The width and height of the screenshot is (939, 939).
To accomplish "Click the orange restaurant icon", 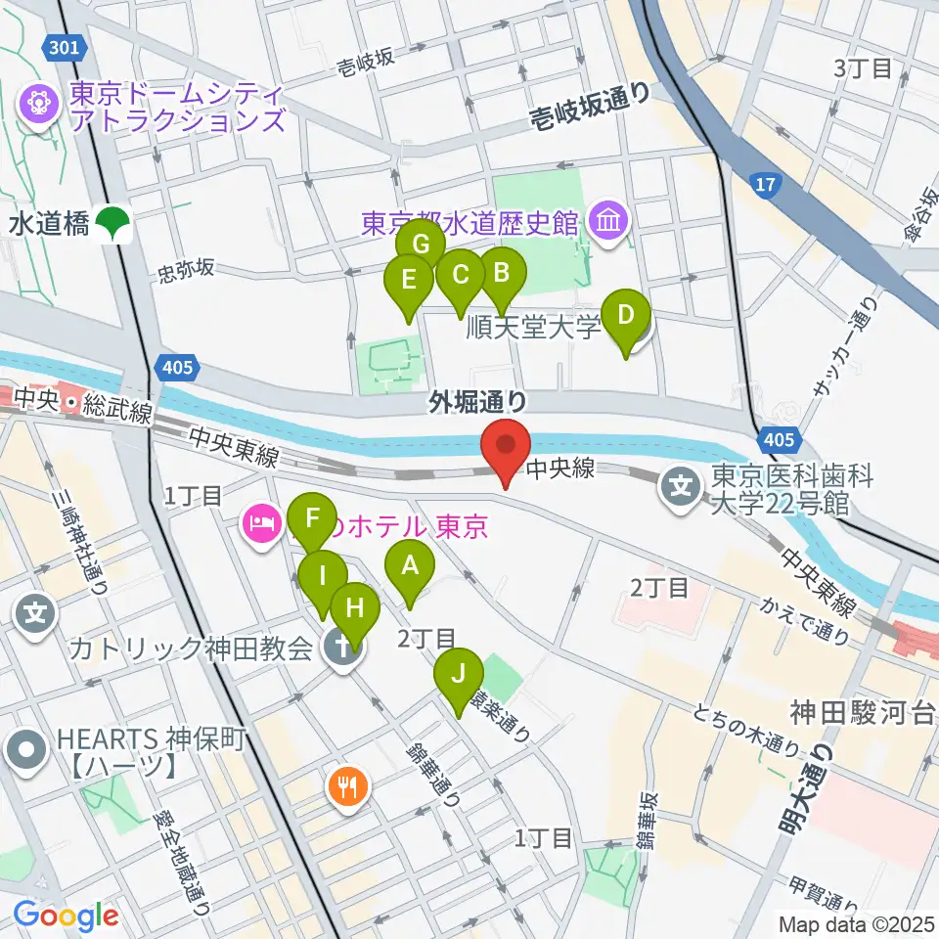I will click(x=347, y=783).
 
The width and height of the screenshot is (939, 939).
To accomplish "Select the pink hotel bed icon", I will click(x=260, y=527).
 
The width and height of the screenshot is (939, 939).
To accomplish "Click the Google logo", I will click(x=66, y=917).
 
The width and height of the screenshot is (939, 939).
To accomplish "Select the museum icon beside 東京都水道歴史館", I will click(x=608, y=222).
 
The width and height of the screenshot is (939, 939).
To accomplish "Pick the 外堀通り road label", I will click(x=478, y=401).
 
